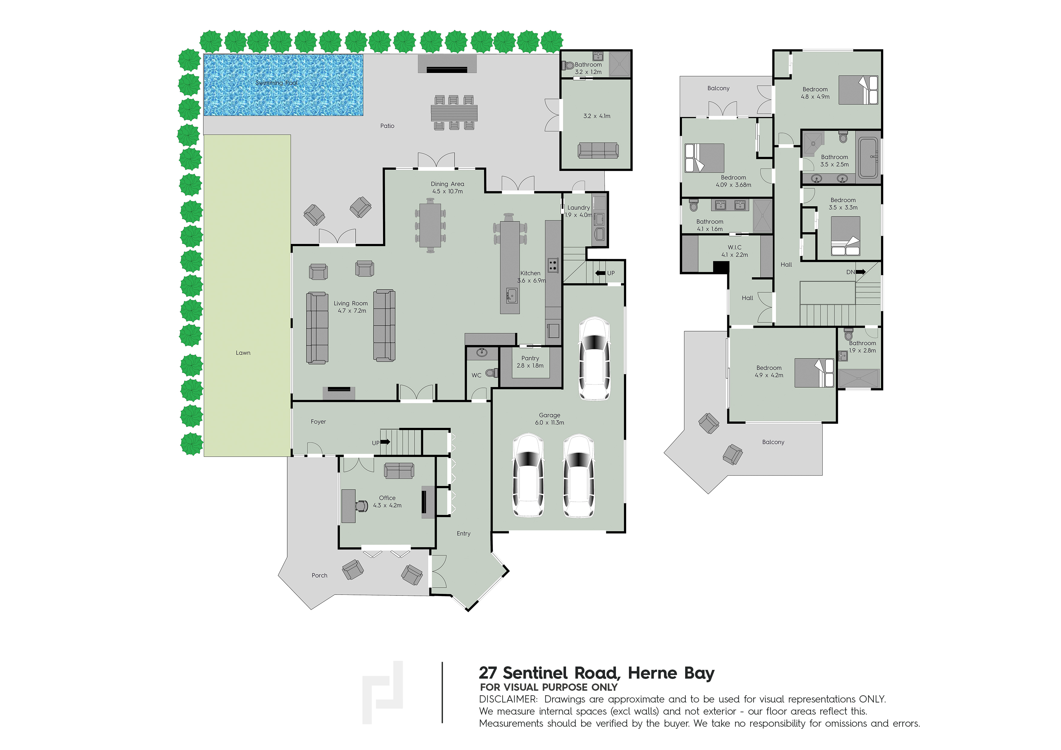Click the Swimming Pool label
pos(276,83)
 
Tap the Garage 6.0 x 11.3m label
pos(549,419)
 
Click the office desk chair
pos(361,506)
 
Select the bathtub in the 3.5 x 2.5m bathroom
pos(868,158)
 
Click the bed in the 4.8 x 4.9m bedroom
pos(858,90)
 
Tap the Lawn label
pos(243,353)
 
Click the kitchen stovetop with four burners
pos(553,265)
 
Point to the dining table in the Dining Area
pos(430,226)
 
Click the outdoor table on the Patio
pos(454,112)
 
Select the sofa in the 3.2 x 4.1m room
pos(598,150)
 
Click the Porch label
pos(319,575)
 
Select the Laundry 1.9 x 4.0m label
pos(578,211)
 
